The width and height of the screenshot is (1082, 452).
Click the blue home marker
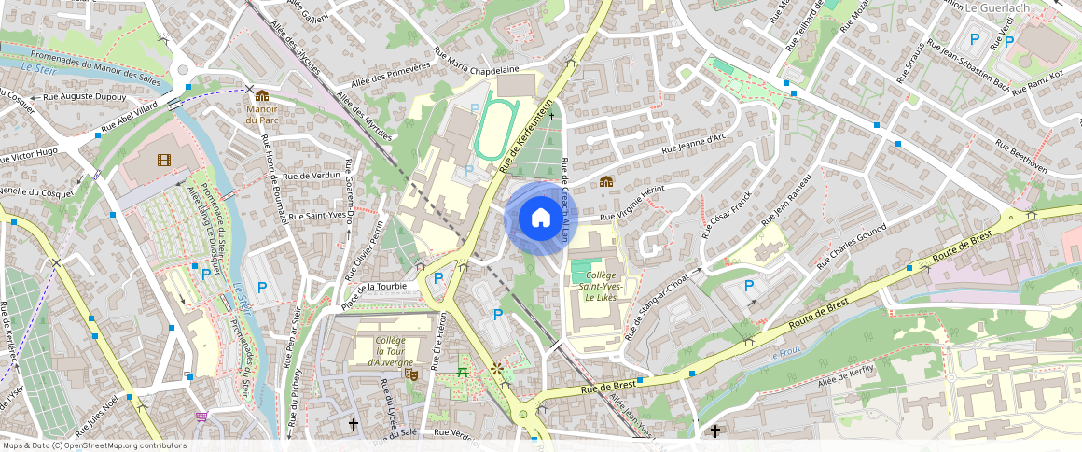coord(540,218)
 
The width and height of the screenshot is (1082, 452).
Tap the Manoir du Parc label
coord(262,114)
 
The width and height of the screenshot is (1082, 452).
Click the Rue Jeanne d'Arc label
coord(693,145)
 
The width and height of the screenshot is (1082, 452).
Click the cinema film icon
coord(165,161)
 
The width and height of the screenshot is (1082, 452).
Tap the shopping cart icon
coord(201,417)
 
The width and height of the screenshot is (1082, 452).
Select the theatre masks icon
coord(409,374)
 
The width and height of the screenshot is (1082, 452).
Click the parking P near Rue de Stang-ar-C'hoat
coord(748,285)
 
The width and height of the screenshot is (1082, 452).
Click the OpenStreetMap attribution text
coord(93,445)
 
